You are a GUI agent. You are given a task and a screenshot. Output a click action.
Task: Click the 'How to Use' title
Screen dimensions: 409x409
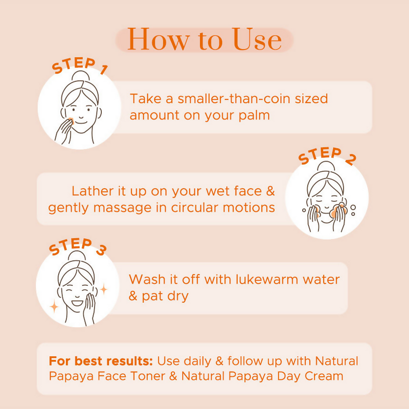[x=204, y=39]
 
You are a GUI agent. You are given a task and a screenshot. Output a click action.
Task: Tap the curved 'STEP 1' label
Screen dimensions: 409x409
[x=80, y=65]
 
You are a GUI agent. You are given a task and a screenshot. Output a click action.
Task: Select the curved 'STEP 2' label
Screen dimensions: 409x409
[x=327, y=156]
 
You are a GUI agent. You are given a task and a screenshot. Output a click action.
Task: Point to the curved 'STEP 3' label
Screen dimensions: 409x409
[x=78, y=246]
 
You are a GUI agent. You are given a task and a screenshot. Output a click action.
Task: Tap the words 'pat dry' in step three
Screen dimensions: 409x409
[x=165, y=297]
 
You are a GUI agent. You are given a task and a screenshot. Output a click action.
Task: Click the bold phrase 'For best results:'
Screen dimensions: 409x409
[x=101, y=361]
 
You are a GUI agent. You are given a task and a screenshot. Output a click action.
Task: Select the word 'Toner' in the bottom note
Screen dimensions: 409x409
[x=148, y=376]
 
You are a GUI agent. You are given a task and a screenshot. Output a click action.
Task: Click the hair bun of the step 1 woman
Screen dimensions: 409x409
[x=81, y=76]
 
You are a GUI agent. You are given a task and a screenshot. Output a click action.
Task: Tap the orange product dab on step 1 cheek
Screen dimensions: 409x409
[x=71, y=121]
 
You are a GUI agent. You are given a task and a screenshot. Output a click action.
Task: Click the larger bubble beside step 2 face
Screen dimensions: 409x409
[x=353, y=208]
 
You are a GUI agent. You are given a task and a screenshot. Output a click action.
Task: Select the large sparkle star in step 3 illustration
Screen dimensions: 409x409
[x=54, y=306]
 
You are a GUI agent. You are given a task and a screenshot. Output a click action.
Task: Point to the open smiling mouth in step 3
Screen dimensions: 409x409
[x=77, y=303]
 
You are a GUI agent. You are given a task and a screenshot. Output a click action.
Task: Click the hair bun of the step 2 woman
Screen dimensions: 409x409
[x=326, y=166]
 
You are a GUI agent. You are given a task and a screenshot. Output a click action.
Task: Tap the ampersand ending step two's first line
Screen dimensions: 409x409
[x=270, y=191]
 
